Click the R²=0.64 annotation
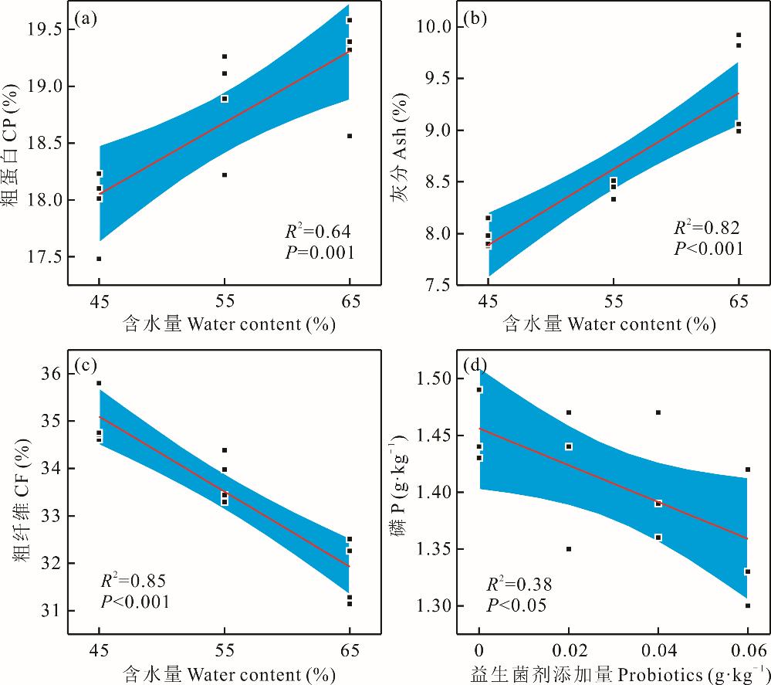[319, 230]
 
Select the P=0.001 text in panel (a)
[319, 252]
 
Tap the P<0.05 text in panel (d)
[516, 605]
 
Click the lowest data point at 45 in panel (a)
[99, 259]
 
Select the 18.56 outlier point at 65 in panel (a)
[350, 136]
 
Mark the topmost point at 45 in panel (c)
[99, 383]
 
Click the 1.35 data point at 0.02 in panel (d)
[569, 549]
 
